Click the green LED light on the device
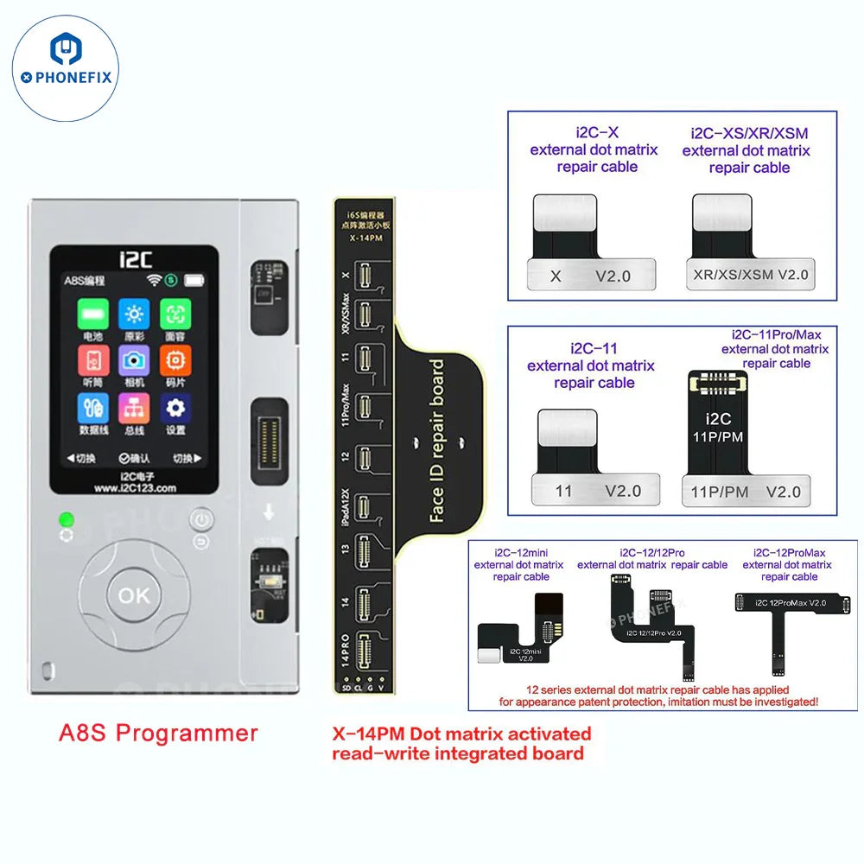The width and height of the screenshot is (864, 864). click(x=66, y=520)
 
